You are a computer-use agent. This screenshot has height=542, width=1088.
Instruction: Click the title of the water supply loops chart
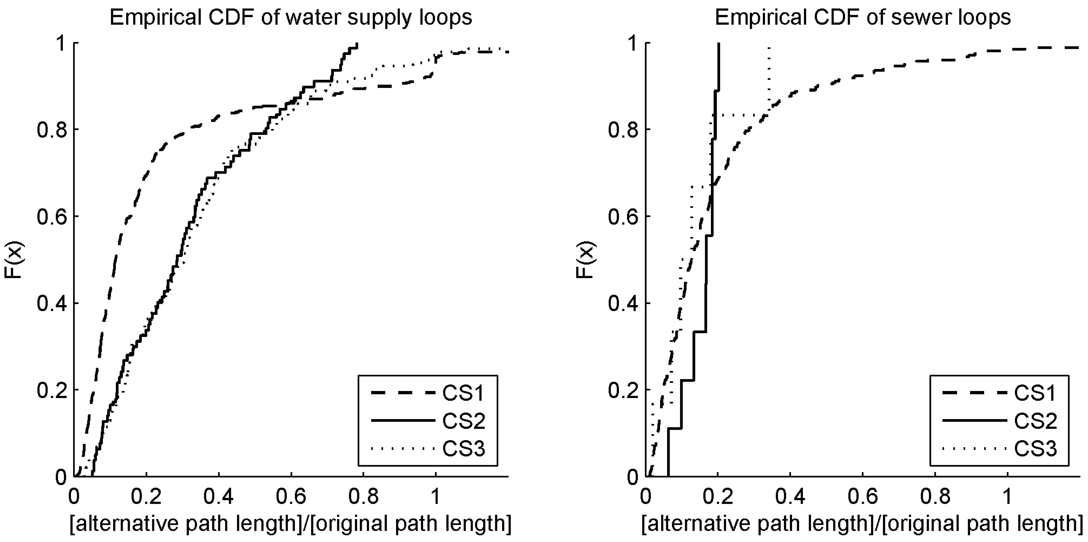291,18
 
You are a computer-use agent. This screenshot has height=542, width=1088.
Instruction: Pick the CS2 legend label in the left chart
463,421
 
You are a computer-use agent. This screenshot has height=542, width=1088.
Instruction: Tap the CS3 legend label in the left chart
463,448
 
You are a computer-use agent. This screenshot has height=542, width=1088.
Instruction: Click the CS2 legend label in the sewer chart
1035,421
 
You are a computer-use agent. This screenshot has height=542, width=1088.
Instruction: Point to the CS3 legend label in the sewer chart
1035,448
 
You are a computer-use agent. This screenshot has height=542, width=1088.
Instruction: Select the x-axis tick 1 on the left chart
435,497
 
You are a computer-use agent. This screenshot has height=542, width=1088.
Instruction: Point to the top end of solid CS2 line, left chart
357,44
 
